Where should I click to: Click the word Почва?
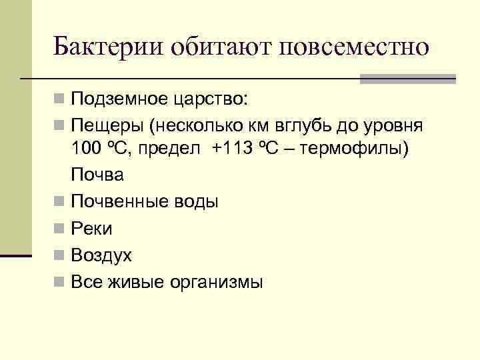(x=97, y=175)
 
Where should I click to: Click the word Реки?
(x=91, y=229)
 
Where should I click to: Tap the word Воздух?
(x=101, y=255)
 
